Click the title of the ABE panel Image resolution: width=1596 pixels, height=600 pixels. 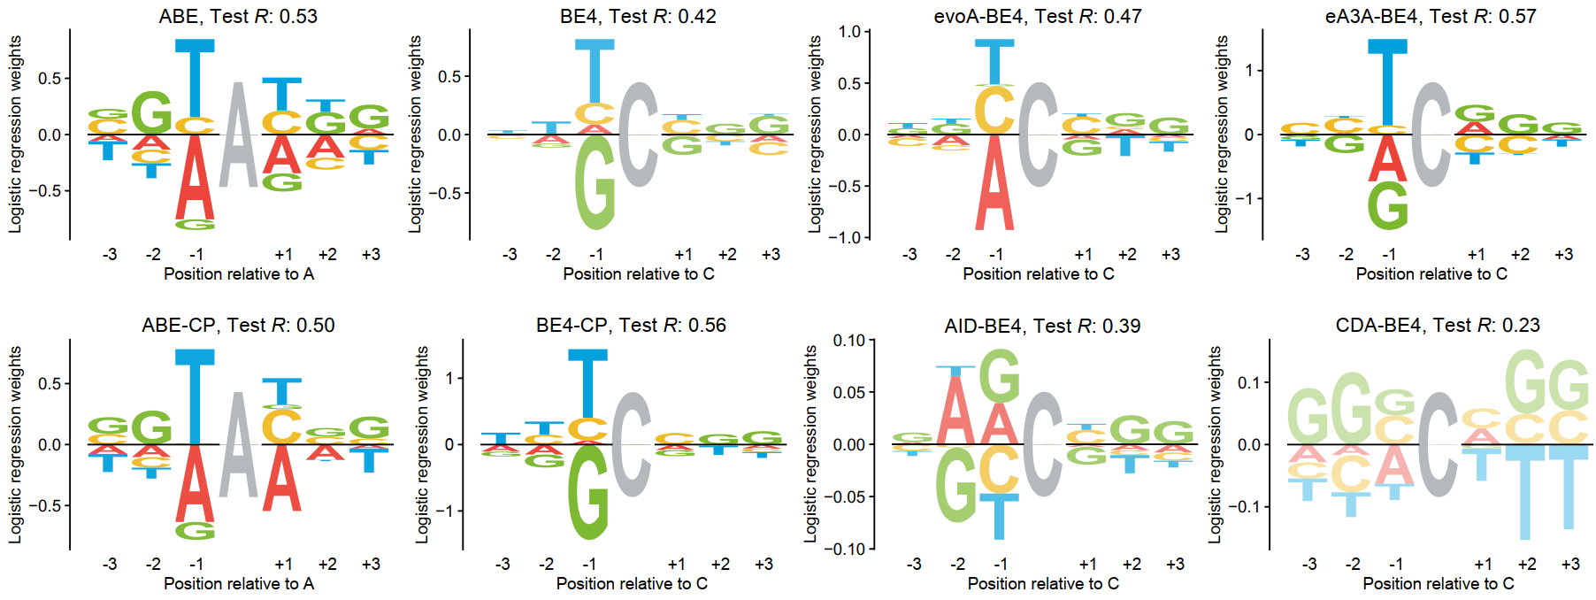tap(238, 16)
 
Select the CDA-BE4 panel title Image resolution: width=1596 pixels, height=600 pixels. tap(1437, 325)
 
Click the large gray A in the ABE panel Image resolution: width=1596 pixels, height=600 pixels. tap(238, 135)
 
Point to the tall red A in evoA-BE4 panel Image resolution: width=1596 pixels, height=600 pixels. tap(994, 182)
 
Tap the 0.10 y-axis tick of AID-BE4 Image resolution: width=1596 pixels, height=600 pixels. tap(849, 341)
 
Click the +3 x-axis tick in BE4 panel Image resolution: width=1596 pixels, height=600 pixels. tap(771, 255)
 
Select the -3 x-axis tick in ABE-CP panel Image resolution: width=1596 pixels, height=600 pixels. tap(109, 564)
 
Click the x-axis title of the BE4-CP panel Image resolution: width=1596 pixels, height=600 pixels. tap(632, 583)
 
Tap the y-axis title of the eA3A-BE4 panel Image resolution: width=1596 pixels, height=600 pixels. tap(1222, 135)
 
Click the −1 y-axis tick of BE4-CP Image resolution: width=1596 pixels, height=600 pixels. tap(449, 511)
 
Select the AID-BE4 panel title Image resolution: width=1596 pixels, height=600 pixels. tap(1042, 325)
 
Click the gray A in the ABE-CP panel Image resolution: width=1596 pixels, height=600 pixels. tap(238, 444)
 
